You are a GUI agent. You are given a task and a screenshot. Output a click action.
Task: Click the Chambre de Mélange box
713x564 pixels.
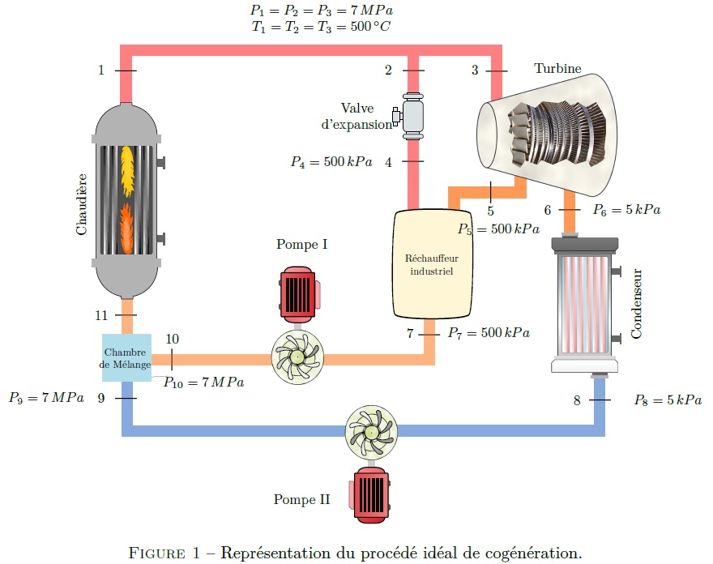tap(126, 358)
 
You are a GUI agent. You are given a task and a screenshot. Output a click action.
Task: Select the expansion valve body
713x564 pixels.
tap(412, 114)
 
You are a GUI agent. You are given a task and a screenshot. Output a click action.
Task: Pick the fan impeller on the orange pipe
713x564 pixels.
tap(297, 357)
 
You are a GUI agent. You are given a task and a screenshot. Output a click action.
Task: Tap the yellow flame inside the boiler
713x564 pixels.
tap(127, 169)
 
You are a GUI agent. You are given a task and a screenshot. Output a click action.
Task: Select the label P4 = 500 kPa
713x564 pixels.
tap(331, 162)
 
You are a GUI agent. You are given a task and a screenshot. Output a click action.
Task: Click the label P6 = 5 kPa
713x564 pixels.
tap(626, 210)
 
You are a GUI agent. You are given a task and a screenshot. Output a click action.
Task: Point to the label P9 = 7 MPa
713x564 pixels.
tap(46, 398)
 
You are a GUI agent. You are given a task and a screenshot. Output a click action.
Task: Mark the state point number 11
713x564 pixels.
tap(101, 314)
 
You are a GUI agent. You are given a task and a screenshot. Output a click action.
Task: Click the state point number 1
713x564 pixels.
tap(101, 70)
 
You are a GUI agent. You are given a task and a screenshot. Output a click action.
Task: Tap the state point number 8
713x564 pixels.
tap(577, 400)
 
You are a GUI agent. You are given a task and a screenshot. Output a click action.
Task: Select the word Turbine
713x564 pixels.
tap(557, 69)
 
